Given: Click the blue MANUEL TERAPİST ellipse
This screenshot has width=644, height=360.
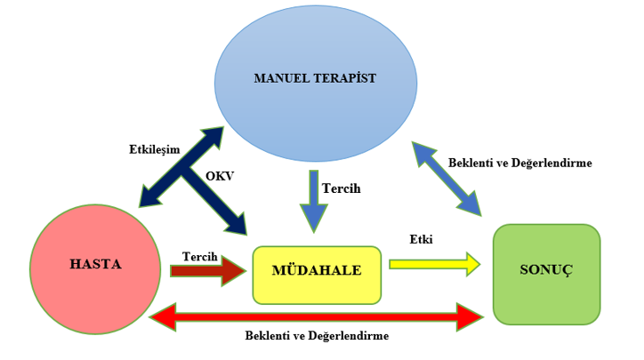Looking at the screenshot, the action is click(x=316, y=83).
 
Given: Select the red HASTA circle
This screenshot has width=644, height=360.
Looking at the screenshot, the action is click(x=95, y=269).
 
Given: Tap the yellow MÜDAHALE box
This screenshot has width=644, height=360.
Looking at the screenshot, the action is click(x=317, y=275).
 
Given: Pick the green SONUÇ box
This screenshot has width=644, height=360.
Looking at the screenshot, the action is click(x=547, y=274).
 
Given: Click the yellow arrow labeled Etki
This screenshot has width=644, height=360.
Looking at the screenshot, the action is click(x=435, y=264).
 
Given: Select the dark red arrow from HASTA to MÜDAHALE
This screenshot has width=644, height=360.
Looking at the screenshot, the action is click(x=208, y=270).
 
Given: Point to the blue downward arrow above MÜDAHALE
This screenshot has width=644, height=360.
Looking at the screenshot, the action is click(x=314, y=201).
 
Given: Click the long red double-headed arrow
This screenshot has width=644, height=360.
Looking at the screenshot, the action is click(x=317, y=317).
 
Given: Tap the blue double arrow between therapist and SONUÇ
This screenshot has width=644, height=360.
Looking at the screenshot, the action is click(x=447, y=179).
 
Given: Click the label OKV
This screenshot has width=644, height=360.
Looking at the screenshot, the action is click(x=220, y=176).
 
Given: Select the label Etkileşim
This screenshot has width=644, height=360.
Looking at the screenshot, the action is click(x=155, y=149).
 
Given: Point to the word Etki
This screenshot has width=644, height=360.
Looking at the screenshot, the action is click(x=421, y=239).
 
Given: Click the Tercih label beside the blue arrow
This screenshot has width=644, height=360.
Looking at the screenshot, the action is click(x=342, y=188).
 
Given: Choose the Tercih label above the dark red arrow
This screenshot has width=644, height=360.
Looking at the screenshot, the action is click(x=199, y=257).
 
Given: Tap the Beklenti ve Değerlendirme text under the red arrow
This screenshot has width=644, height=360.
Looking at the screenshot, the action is click(x=317, y=336).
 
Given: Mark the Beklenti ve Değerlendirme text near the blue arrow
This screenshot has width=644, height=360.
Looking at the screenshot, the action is click(x=520, y=163).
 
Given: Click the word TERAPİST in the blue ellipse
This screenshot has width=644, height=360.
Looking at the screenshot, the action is click(x=345, y=78).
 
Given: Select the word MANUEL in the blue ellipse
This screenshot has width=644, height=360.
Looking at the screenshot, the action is click(x=282, y=78).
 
